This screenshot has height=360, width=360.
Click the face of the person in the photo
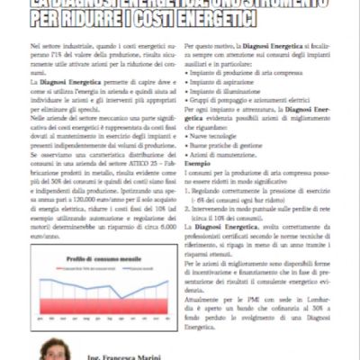pos(53,348)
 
